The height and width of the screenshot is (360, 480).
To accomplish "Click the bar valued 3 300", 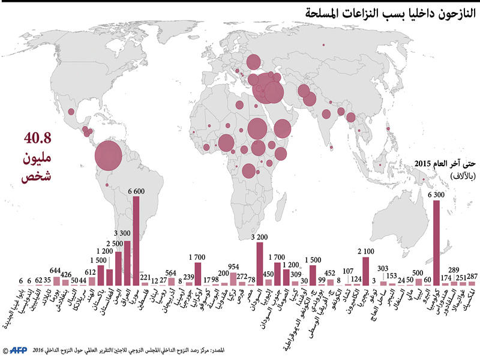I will tap(127, 262).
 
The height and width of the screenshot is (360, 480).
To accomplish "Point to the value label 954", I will tap(234, 266).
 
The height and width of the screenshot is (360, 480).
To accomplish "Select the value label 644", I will tap(56, 270).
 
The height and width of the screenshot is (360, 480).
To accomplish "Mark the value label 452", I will tap(329, 273).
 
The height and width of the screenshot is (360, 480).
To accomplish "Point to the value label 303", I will tap(383, 269).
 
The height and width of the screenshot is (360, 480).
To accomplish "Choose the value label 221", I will tap(145, 277).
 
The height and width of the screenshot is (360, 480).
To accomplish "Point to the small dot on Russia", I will tap(322, 44).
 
